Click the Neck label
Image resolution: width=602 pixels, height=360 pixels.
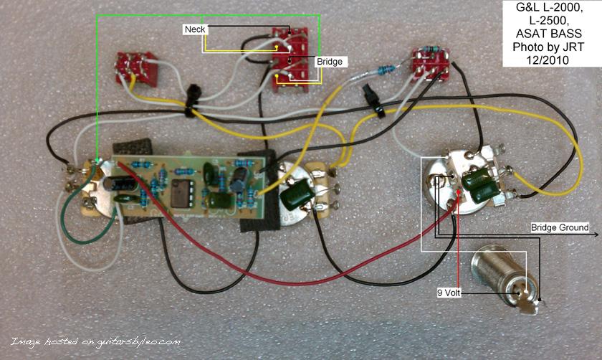(x=195, y=29)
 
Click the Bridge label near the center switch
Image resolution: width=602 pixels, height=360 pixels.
(x=330, y=62)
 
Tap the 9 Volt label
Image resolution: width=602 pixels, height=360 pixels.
(x=449, y=293)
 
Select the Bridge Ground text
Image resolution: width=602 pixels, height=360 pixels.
(x=560, y=227)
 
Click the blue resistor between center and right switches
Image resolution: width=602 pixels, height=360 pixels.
(x=386, y=70)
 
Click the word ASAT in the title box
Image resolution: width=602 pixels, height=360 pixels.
(x=530, y=34)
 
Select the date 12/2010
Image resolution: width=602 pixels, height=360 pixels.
(x=548, y=60)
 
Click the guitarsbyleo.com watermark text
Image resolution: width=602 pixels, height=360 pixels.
(x=95, y=341)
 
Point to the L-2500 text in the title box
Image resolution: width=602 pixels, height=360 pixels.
(x=548, y=20)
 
